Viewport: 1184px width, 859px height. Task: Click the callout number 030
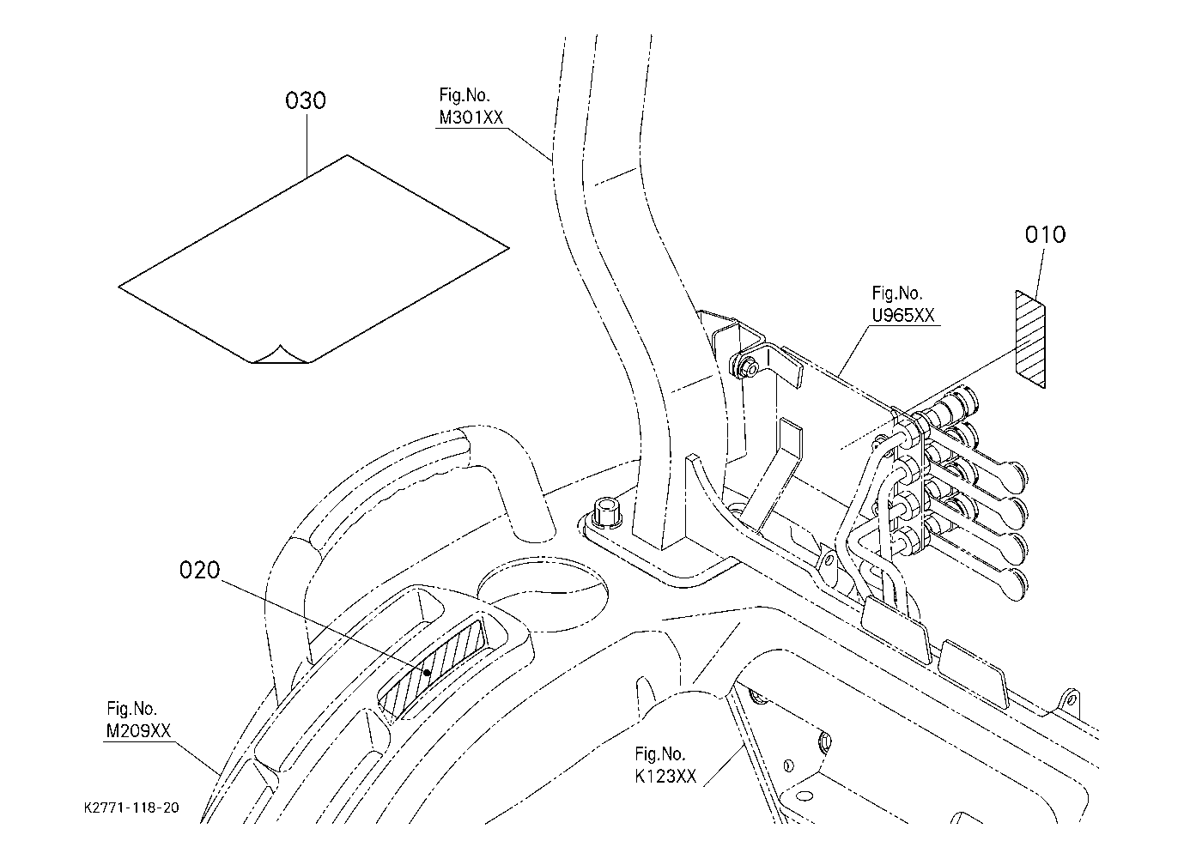[306, 100]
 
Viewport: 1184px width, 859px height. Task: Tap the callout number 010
[1045, 234]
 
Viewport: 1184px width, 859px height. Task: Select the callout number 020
[200, 570]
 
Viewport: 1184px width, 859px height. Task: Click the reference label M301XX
[471, 118]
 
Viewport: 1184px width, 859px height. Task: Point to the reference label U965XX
[902, 316]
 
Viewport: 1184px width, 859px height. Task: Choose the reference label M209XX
[138, 730]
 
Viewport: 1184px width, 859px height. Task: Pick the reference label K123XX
[665, 776]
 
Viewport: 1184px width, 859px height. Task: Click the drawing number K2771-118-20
[131, 808]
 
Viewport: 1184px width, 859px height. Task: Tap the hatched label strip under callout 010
[1030, 339]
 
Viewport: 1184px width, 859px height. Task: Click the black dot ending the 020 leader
[427, 673]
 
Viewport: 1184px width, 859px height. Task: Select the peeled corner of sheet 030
[280, 355]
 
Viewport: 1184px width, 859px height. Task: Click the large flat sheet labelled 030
[313, 259]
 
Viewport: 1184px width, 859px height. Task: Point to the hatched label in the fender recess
[434, 667]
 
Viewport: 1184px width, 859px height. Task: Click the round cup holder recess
[543, 593]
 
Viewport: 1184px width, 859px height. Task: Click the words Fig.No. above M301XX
[464, 95]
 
